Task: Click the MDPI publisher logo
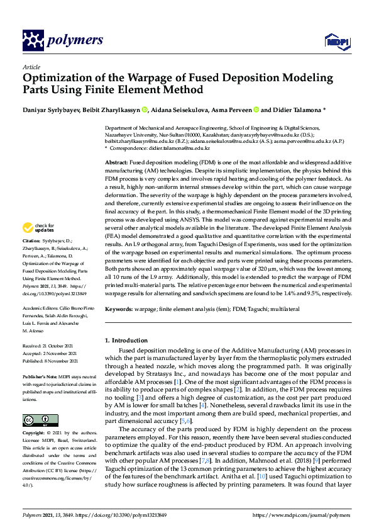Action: pyautogui.click(x=336, y=41)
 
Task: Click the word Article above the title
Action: pyautogui.click(x=31, y=67)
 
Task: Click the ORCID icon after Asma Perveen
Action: pyautogui.click(x=256, y=109)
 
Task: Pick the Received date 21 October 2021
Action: pyautogui.click(x=53, y=346)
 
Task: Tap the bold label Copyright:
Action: pyautogui.click(x=35, y=434)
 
